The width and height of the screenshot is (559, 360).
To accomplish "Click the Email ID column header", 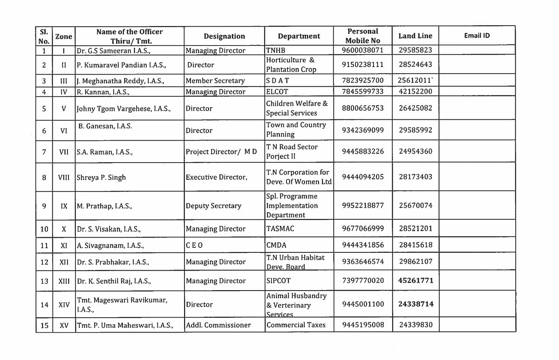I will pyautogui.click(x=477, y=35).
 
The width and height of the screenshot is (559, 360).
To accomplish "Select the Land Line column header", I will pyautogui.click(x=415, y=36).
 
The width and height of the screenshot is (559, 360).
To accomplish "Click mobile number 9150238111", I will pyautogui.click(x=362, y=65).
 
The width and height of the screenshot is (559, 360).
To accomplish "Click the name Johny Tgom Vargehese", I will pyautogui.click(x=124, y=109).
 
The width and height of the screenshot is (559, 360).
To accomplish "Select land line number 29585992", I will pyautogui.click(x=415, y=130).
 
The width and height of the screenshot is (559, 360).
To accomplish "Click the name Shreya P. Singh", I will pyautogui.click(x=101, y=177).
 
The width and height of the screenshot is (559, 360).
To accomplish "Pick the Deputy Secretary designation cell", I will pyautogui.click(x=213, y=206).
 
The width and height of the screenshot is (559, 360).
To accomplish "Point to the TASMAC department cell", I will pyautogui.click(x=280, y=229).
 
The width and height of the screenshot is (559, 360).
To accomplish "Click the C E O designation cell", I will pyautogui.click(x=195, y=245).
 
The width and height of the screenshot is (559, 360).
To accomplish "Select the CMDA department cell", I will pyautogui.click(x=276, y=245).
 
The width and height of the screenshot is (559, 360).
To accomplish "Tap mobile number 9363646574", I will pyautogui.click(x=362, y=262).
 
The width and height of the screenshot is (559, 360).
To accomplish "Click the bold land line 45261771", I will pyautogui.click(x=416, y=280).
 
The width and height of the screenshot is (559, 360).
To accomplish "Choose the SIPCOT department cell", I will pyautogui.click(x=278, y=281).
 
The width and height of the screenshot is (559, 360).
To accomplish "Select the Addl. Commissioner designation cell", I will pyautogui.click(x=218, y=325).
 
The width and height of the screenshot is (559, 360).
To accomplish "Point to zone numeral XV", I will pyautogui.click(x=64, y=325).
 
